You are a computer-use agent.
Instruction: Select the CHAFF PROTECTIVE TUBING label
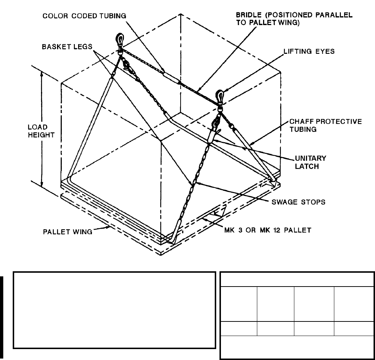point(326,125)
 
